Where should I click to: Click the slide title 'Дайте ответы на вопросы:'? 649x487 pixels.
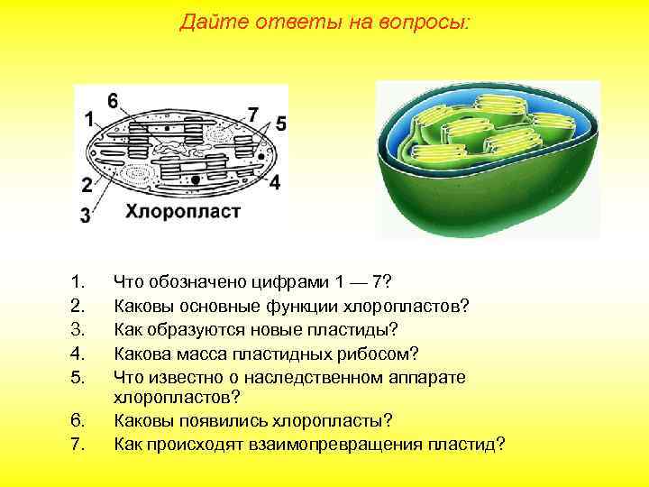coord(324,22)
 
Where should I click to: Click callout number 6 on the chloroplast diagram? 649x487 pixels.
coord(113,99)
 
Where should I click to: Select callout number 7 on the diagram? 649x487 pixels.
coord(253,115)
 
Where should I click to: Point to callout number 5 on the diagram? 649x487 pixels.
coord(280,123)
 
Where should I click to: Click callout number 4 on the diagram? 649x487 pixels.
coord(274,181)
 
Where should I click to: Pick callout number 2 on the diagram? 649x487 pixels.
coord(87,186)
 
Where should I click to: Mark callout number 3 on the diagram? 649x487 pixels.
coord(86,215)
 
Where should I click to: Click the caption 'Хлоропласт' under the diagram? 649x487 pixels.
coord(182,213)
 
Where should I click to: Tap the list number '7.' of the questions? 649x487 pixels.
coord(78,444)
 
